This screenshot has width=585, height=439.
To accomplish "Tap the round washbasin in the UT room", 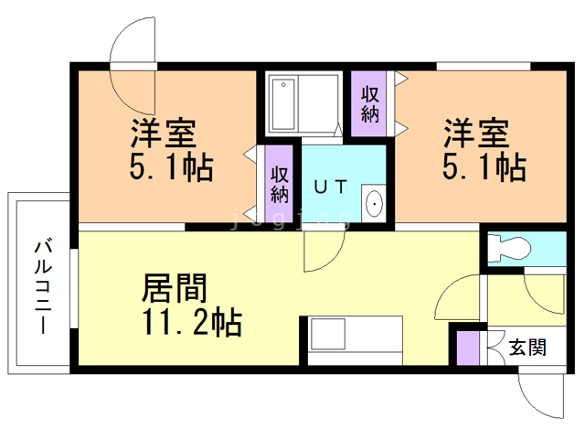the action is click(x=374, y=203).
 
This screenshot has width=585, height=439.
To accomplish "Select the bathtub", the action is click(x=283, y=103).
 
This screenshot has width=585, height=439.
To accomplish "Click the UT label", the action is click(x=331, y=187).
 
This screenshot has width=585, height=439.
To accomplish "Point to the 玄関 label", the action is click(x=527, y=348).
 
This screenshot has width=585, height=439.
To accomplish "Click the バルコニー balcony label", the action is click(x=43, y=287).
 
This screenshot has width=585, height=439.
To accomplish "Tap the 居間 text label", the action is click(x=175, y=288).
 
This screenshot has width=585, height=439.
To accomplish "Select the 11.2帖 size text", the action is click(x=193, y=322).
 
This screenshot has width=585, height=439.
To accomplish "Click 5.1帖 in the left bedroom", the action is click(x=171, y=166).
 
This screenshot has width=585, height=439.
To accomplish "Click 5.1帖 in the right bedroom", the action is click(x=484, y=166).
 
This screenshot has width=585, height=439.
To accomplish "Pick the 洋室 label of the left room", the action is click(x=164, y=133).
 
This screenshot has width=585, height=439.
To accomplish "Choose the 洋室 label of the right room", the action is click(x=476, y=133).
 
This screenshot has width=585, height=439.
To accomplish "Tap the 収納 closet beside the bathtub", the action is click(x=369, y=103).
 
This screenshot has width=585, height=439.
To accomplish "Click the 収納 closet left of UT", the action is click(x=279, y=184).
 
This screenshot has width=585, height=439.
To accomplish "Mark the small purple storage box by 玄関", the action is click(x=468, y=348).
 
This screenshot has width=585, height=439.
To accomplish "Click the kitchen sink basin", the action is click(x=328, y=334).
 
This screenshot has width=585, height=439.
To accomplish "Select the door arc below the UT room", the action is click(x=333, y=259).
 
